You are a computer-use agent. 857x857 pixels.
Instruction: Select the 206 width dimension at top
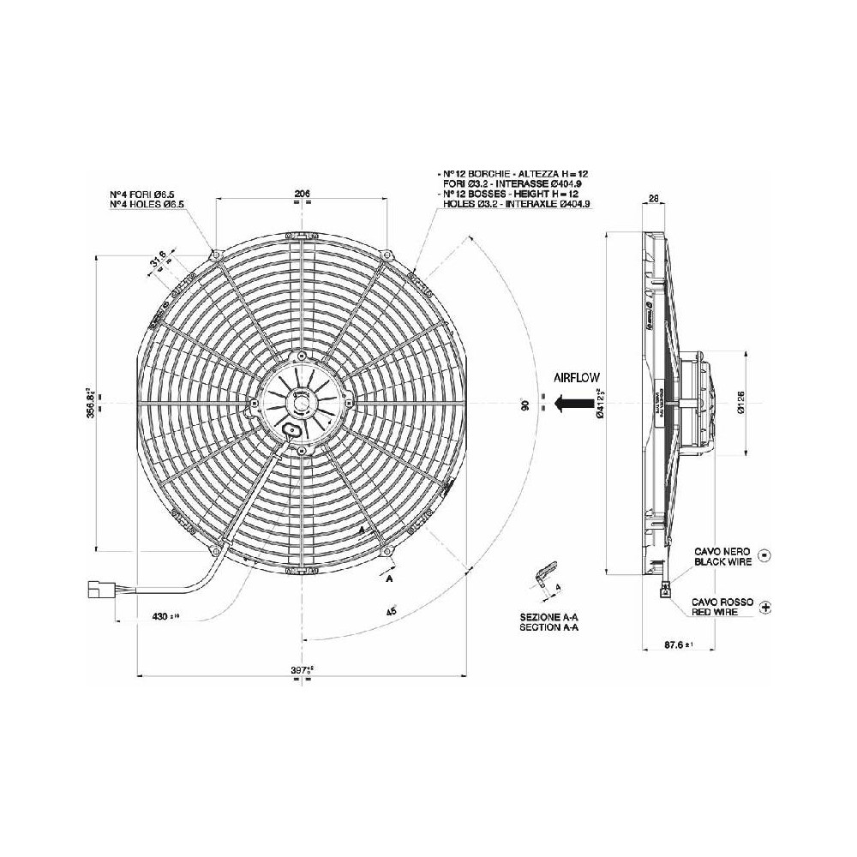pyautogui.click(x=301, y=194)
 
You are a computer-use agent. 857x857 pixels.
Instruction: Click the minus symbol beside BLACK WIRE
pyautogui.click(x=765, y=556)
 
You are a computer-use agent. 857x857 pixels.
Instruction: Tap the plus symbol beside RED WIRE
pyautogui.click(x=765, y=607)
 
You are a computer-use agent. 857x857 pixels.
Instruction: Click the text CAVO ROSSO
pyautogui.click(x=724, y=602)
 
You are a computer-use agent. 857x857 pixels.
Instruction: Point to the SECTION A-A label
pyautogui.click(x=549, y=627)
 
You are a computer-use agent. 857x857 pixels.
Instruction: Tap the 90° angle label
pyautogui.click(x=524, y=403)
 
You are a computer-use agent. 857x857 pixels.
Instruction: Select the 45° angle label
pyautogui.click(x=391, y=612)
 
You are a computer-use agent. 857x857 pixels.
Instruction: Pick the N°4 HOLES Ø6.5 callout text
pyautogui.click(x=147, y=203)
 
